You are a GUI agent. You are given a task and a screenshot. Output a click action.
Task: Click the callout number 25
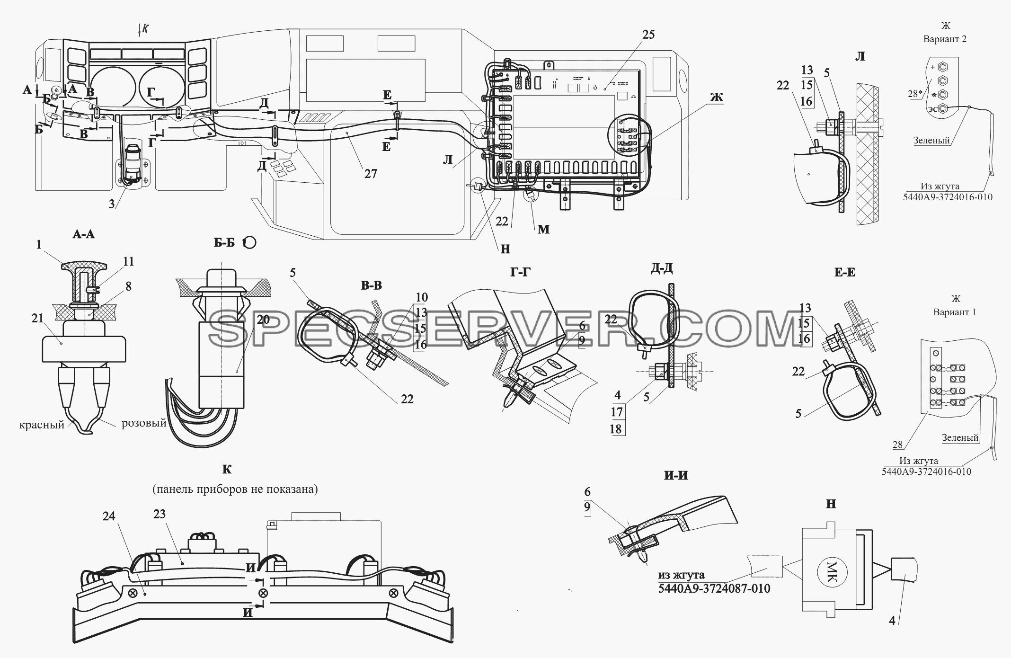(x=649, y=34)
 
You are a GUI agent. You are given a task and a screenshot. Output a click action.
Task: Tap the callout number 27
(x=371, y=174)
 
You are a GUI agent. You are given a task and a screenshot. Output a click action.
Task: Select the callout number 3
(x=112, y=204)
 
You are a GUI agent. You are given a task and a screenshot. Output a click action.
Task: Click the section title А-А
(x=83, y=234)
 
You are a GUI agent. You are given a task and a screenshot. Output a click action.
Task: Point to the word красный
(x=42, y=425)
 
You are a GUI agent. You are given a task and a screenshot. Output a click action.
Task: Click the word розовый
(x=144, y=423)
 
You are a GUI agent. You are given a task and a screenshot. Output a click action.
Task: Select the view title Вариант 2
(x=945, y=39)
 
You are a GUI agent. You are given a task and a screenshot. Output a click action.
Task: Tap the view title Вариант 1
(x=955, y=312)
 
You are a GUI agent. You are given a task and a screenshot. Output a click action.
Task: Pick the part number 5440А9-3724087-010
(x=714, y=588)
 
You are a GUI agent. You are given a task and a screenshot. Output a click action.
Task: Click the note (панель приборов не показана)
(x=235, y=489)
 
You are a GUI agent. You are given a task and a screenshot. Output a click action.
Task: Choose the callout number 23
(x=159, y=514)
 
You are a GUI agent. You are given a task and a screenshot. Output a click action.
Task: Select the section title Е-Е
(x=845, y=272)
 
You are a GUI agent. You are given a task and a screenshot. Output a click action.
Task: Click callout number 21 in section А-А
(x=38, y=319)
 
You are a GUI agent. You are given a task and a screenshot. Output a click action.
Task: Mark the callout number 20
(x=263, y=320)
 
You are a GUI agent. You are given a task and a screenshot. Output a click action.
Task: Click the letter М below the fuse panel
(x=543, y=229)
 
